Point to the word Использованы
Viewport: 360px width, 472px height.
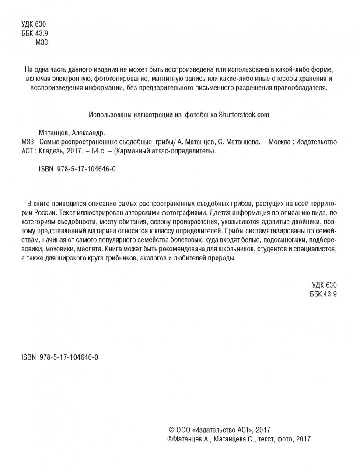point(109,115)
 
